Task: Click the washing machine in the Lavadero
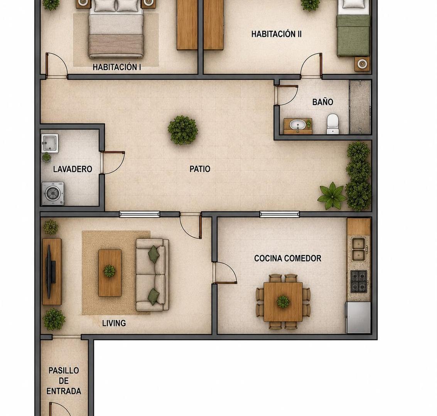tap(53, 193)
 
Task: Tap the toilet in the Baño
tap(332, 124)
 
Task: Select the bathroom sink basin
tap(297, 124)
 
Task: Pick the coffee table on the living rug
tap(110, 273)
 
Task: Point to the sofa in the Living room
tap(152, 274)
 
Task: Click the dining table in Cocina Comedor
tap(283, 302)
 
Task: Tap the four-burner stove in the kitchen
tap(359, 281)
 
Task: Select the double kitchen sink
tap(358, 249)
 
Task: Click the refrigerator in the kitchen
tap(358, 317)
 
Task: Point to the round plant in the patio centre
tap(182, 130)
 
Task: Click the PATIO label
tap(200, 169)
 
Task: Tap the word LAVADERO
tap(73, 169)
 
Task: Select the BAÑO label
tap(322, 102)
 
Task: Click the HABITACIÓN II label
tap(276, 34)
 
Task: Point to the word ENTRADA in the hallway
tap(64, 391)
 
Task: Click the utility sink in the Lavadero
tap(50, 143)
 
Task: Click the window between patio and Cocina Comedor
tap(280, 214)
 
